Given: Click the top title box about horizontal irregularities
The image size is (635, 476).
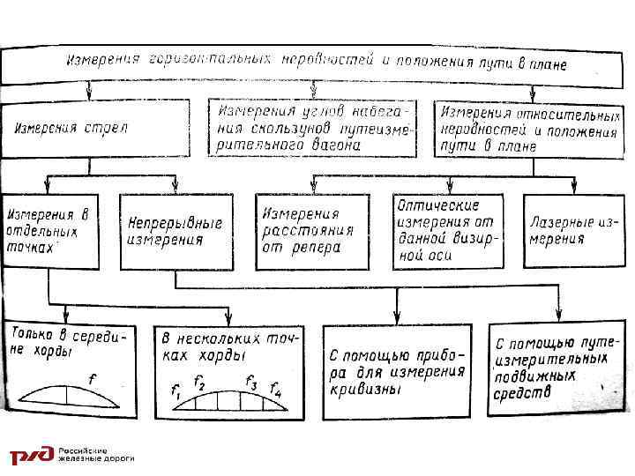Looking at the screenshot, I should coord(317,63).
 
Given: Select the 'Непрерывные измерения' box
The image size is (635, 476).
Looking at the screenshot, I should coord(175,231).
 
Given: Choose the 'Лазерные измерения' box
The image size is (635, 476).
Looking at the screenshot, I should coord(570,231).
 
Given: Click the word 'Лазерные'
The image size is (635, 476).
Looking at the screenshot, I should coord(558,223).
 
